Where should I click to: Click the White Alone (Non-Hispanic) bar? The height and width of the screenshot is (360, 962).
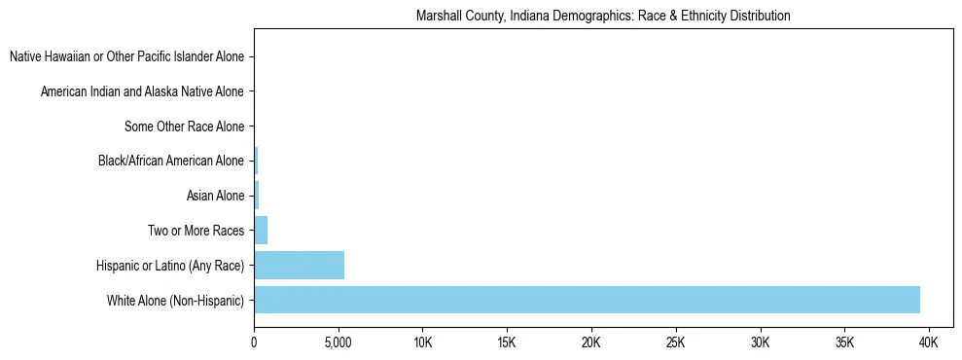[x=587, y=300]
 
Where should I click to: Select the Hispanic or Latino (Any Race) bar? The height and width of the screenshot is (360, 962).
[x=299, y=266]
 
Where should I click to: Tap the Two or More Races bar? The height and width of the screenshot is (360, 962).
[x=261, y=231]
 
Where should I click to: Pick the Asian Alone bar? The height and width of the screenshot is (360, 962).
[x=257, y=197]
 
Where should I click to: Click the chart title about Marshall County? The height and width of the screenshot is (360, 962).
[x=603, y=17]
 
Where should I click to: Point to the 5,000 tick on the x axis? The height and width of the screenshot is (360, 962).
[x=338, y=343]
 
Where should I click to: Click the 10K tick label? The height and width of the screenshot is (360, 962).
[x=422, y=343]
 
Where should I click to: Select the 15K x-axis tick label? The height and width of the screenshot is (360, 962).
[x=507, y=343]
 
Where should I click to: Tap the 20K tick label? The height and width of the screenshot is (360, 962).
[x=591, y=343]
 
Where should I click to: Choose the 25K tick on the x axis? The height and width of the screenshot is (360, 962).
[x=676, y=343]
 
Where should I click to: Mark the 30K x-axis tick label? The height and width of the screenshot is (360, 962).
[x=760, y=343]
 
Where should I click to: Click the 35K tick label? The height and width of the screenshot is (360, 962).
[x=844, y=343]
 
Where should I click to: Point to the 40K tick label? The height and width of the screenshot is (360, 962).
[x=929, y=343]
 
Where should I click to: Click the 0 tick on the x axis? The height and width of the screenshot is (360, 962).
[x=254, y=343]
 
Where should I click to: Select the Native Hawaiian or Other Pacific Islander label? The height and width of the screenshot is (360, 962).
[x=127, y=57]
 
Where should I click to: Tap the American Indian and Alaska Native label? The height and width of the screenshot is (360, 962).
[x=143, y=92]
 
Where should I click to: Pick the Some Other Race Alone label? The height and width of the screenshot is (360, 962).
[x=185, y=126]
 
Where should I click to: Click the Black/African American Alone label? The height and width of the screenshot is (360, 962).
[x=171, y=162]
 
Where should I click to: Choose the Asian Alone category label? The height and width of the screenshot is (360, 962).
[x=216, y=197]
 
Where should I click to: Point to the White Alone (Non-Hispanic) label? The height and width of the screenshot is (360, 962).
[x=176, y=301]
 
